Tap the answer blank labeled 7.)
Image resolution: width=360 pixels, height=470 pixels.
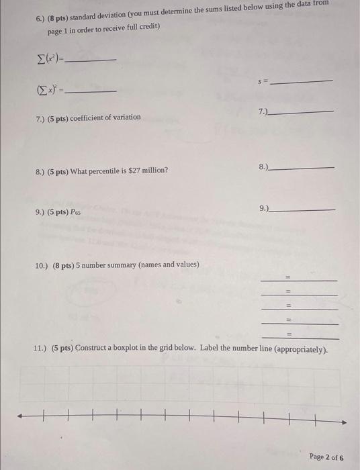click(302, 111)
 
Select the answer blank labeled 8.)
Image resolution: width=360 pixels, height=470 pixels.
click(302, 167)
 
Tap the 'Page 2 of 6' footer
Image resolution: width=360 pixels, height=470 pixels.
click(326, 457)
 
